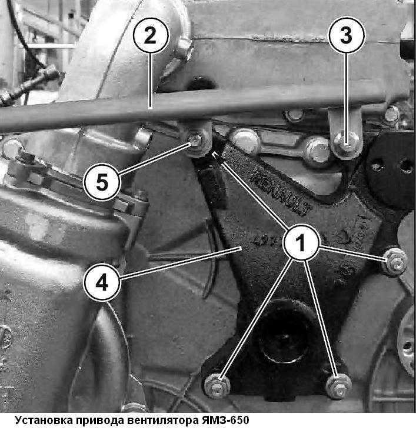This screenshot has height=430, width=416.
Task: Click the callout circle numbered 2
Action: [x=151, y=36]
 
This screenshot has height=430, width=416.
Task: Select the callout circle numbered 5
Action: [x=102, y=182]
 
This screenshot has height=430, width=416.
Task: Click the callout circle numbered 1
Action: [x=301, y=242]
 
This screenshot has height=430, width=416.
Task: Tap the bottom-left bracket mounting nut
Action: [x=217, y=385]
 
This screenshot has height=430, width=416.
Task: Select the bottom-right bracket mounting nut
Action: [x=338, y=386]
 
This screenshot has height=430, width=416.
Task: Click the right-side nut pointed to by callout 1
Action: [x=395, y=262]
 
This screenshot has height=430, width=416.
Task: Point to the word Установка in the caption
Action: [x=42, y=421]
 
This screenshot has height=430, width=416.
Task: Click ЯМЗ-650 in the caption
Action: [x=225, y=420]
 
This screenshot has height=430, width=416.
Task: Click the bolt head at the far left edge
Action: [x=11, y=148]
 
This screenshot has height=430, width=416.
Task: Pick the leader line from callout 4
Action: [x=180, y=264]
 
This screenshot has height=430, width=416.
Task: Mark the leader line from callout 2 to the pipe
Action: [x=150, y=81]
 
